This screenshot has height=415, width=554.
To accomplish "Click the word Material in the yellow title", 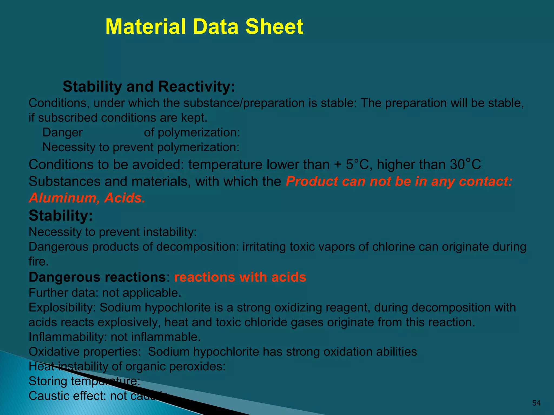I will pos(146,27).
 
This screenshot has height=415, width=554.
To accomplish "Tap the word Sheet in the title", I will pos(274,27).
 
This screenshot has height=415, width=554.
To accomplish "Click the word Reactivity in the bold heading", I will pos(196,87).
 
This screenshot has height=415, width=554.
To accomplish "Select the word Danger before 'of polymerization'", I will pos(62,133).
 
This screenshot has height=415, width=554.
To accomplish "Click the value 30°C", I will pos(465,165).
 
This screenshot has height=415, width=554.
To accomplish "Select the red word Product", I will pos(312,181).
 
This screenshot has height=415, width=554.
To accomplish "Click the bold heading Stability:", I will pos(61,216).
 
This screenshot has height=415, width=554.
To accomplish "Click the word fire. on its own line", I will pos(39,262).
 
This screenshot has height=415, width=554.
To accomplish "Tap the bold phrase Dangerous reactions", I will pos(97,277).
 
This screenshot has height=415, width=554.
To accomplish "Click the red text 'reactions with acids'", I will pos(240,277).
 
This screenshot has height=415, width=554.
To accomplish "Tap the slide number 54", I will pos(536,403).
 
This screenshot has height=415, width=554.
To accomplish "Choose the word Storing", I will pos(48,381).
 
